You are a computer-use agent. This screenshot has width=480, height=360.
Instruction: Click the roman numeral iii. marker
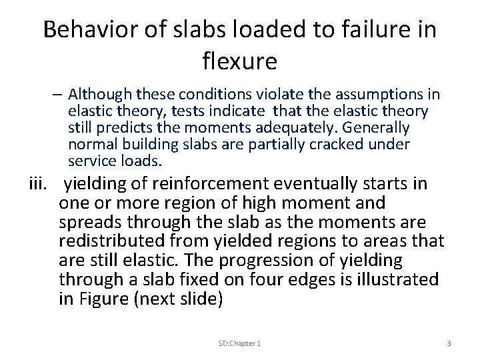coord(39,185)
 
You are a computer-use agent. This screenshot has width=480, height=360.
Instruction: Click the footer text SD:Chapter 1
coord(239,342)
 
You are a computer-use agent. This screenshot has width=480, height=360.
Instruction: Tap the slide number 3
coord(449,342)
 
